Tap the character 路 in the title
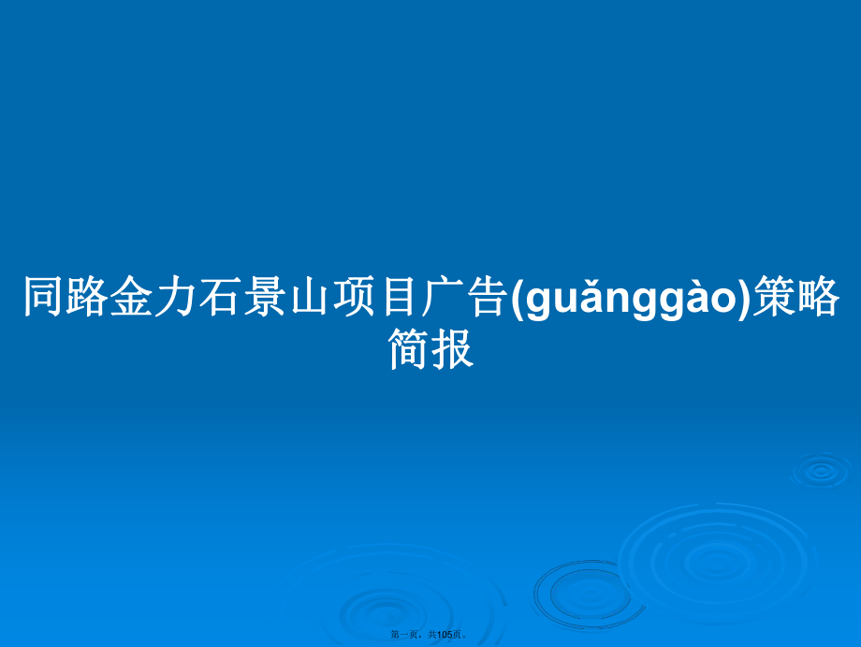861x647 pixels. click(88, 296)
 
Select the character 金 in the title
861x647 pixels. click(132, 296)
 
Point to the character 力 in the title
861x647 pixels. click(176, 296)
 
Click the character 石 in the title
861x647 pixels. click(220, 296)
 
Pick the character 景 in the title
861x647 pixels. click(264, 296)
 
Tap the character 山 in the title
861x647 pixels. click(308, 296)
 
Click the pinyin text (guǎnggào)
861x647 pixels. click(630, 298)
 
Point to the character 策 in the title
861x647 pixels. click(773, 296)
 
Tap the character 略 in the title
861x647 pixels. click(817, 296)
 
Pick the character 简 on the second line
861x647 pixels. click(409, 348)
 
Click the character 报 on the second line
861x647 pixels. click(452, 348)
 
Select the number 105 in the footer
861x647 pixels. click(445, 635)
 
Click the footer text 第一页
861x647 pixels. click(404, 635)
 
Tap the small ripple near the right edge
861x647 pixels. click(821, 470)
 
